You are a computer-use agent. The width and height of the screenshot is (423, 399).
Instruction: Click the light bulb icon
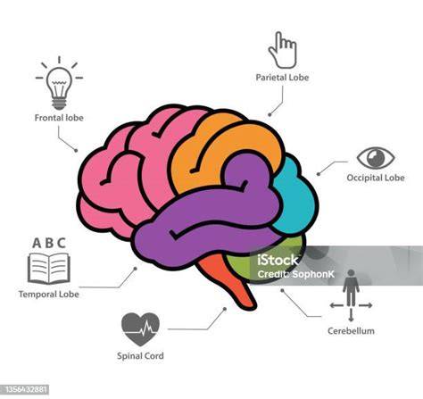[59, 83]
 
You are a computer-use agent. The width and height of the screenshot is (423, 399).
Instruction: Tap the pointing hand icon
[282, 50]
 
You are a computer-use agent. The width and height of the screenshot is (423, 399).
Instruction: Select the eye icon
[376, 158]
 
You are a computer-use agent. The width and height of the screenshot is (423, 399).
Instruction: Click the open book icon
[49, 269]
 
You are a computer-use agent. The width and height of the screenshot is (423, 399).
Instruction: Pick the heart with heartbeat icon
[140, 328]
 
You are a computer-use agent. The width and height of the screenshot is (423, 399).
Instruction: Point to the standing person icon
[351, 287]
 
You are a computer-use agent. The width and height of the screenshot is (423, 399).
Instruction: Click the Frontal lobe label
[59, 118]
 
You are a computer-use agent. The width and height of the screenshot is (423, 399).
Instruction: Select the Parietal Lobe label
[282, 78]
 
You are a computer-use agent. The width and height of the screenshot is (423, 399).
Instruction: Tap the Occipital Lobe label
[376, 178]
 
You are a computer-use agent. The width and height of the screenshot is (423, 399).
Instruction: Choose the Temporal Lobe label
[49, 295]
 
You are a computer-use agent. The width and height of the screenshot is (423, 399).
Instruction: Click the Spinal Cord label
[140, 356]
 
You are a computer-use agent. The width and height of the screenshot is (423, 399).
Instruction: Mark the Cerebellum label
[351, 331]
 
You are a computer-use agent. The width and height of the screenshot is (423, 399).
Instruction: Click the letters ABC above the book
[49, 243]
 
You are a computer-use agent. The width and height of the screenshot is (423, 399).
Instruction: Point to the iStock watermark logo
[278, 261]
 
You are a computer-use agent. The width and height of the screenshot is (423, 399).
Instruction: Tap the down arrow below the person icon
[351, 315]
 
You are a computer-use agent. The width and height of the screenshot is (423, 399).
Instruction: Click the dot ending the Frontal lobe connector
[76, 151]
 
